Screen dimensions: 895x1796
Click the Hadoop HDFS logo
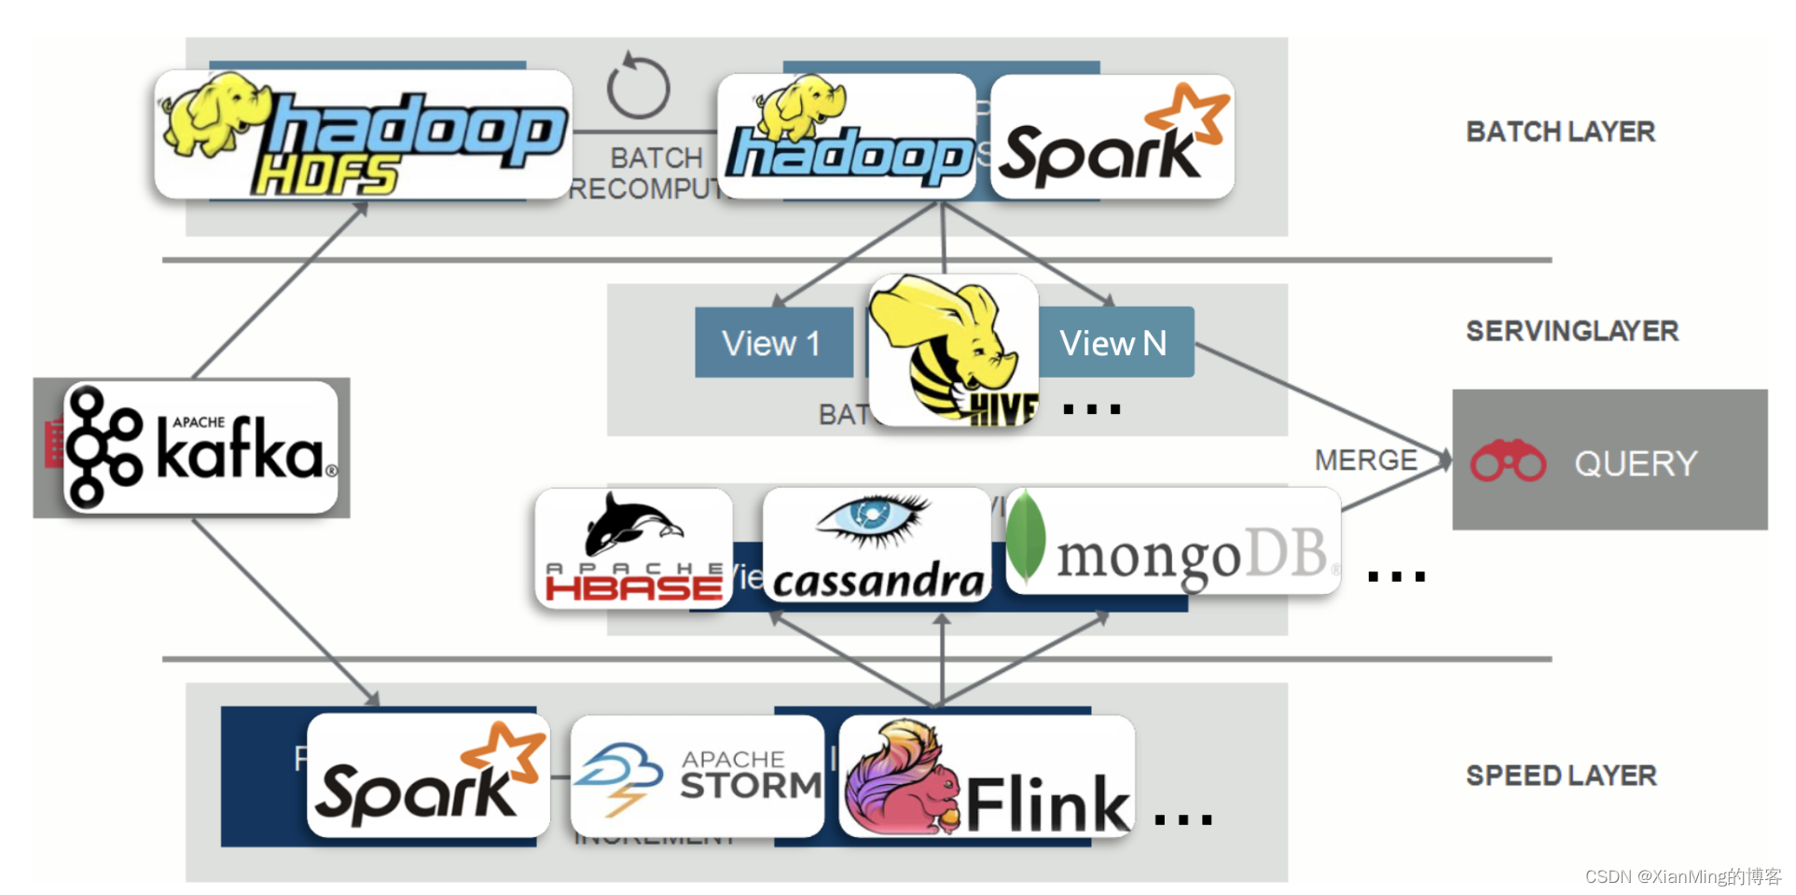point(363,134)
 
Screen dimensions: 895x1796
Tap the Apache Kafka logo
point(200,447)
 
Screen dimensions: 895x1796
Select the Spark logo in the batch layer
point(1112,136)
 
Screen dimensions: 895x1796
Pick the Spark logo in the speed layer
point(428,776)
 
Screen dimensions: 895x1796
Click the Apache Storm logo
point(697,776)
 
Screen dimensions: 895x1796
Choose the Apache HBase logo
point(634,548)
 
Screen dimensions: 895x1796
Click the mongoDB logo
point(1173,541)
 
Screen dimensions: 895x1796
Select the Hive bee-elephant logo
point(954,351)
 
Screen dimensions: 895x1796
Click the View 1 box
point(772,343)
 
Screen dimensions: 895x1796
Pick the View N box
point(1115,343)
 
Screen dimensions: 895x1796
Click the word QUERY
point(1636,463)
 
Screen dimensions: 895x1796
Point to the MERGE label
point(1365,460)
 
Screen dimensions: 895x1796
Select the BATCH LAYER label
point(1560,131)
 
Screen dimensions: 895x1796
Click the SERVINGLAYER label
point(1571,331)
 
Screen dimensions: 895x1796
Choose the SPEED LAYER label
point(1561,776)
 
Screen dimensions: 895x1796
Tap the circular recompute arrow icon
point(638,86)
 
